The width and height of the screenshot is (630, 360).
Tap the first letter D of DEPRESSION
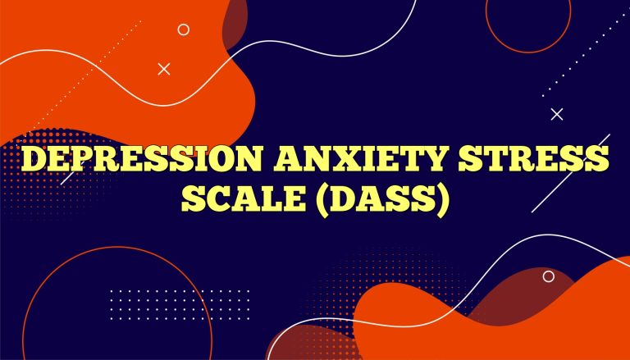(37, 159)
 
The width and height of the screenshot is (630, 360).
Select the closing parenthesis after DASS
(443, 199)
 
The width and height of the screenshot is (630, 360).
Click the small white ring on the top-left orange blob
(183, 30)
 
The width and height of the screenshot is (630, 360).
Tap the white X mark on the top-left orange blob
(163, 70)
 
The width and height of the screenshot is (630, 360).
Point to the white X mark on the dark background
(557, 115)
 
